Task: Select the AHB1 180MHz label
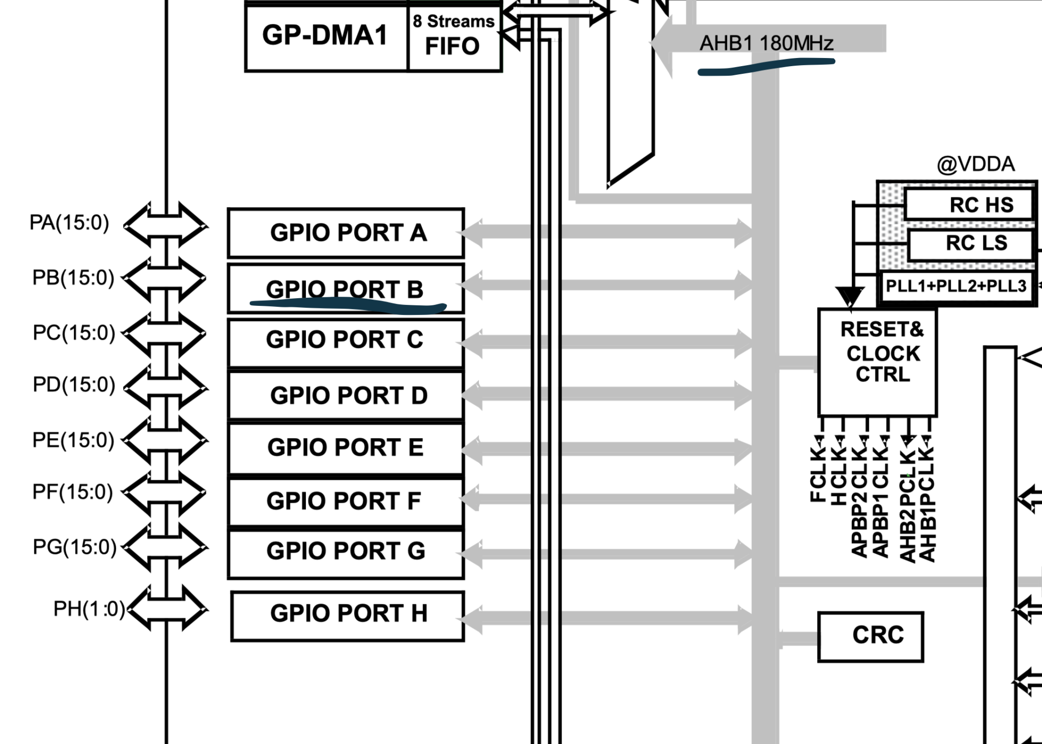tap(766, 43)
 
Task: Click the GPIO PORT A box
tap(346, 233)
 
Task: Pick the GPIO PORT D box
tap(346, 396)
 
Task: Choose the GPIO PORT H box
tap(348, 614)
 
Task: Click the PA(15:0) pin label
tap(69, 223)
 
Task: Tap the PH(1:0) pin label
tap(89, 609)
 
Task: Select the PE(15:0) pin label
tap(73, 440)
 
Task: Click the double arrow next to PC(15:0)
tap(165, 335)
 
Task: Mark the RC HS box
tap(969, 205)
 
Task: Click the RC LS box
tap(971, 243)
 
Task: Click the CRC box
tap(871, 636)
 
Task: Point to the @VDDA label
tap(975, 164)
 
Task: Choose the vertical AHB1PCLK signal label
tap(928, 504)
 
